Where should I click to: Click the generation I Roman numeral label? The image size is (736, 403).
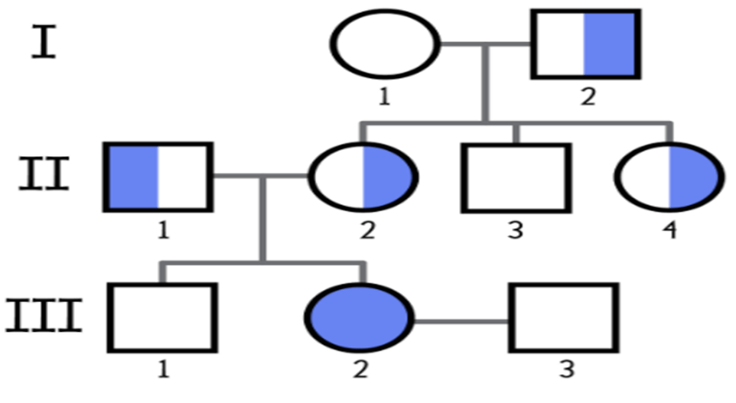[x=44, y=42]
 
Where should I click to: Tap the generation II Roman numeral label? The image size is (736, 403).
[x=44, y=174]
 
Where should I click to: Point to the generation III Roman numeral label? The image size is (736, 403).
[x=44, y=316]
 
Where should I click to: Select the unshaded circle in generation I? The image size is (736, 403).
[x=385, y=44]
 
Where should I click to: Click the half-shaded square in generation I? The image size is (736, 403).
[x=586, y=44]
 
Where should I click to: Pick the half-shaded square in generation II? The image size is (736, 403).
[x=158, y=177]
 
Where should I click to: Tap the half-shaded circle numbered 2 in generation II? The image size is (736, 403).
[x=363, y=177]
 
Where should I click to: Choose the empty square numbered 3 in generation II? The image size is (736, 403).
[x=516, y=178]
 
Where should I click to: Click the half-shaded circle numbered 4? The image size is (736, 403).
[x=669, y=177]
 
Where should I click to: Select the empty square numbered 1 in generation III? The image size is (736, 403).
[x=162, y=317]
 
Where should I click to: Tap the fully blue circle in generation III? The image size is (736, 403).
[x=359, y=317]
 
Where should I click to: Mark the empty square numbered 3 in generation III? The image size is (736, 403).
[x=564, y=317]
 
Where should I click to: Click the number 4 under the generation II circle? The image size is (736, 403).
[x=669, y=230]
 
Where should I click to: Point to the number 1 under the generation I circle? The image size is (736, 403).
[x=384, y=96]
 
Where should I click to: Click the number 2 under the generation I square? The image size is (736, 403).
[x=588, y=96]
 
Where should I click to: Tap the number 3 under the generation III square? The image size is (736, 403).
[x=567, y=369]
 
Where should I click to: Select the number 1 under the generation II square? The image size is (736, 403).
[x=163, y=230]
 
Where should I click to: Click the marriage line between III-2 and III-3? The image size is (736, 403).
[x=462, y=321]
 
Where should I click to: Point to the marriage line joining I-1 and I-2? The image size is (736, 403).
[x=486, y=44]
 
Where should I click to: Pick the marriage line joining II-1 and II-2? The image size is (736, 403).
[x=261, y=176]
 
